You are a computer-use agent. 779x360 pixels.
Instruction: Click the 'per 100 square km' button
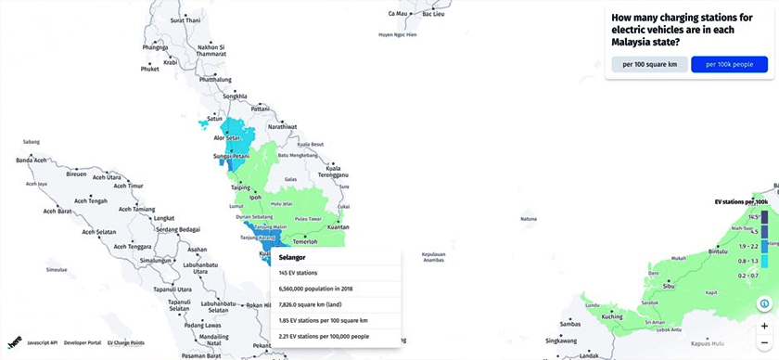click(x=649, y=64)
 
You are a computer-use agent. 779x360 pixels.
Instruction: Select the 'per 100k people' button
click(x=729, y=64)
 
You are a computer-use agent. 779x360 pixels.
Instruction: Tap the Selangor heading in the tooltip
click(x=294, y=257)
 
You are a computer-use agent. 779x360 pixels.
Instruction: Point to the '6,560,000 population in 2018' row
click(x=318, y=289)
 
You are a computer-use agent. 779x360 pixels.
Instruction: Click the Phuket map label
click(x=149, y=69)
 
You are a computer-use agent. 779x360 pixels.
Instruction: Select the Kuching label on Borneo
click(x=612, y=316)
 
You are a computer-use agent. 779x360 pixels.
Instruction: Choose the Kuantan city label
click(x=338, y=226)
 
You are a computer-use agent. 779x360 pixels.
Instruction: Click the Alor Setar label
click(x=227, y=138)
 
